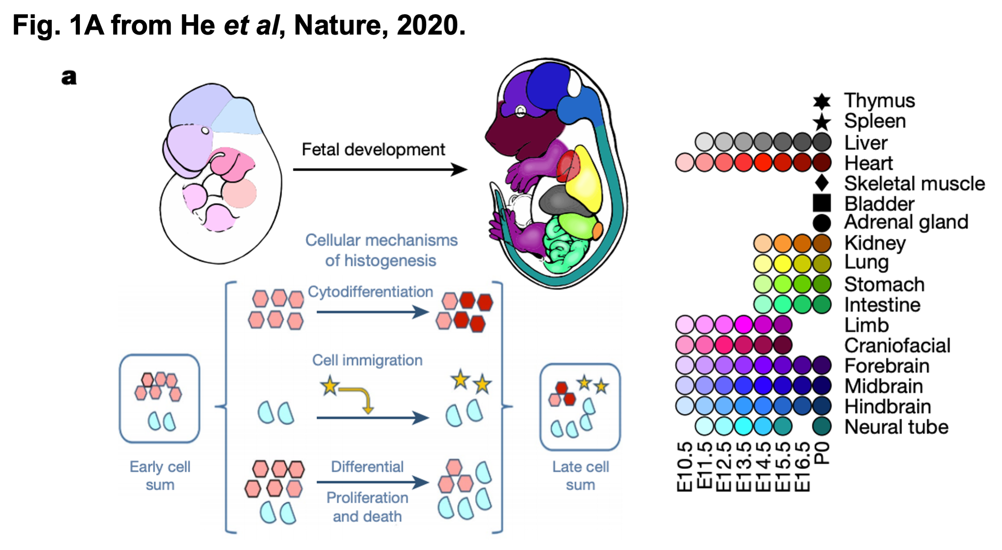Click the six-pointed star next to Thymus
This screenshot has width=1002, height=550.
[x=821, y=102]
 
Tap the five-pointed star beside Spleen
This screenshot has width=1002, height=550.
[x=821, y=122]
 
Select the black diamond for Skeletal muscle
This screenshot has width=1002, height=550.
[x=821, y=183]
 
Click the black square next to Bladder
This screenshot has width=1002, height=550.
[x=821, y=203]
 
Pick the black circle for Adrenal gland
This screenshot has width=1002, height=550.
[x=821, y=223]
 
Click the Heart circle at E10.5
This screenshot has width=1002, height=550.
[x=684, y=163]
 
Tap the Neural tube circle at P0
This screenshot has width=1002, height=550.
[x=821, y=426]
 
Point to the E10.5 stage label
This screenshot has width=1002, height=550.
[x=685, y=467]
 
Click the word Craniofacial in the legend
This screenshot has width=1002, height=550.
[x=897, y=346]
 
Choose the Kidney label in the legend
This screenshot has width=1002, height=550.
[x=875, y=243]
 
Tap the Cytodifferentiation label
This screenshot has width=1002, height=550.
[x=370, y=292]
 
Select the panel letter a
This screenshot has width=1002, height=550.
[x=69, y=77]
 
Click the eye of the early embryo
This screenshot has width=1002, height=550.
[x=205, y=130]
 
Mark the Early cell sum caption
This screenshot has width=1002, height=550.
[x=160, y=475]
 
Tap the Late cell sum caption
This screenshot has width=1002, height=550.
[x=580, y=475]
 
